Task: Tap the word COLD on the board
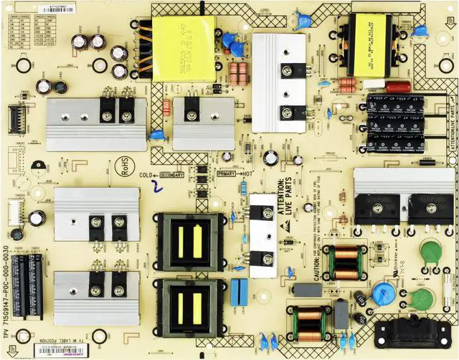145,175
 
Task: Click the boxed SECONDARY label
170,175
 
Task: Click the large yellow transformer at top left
183,49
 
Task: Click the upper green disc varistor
430,252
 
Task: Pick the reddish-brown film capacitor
396,87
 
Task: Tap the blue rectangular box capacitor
239,290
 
